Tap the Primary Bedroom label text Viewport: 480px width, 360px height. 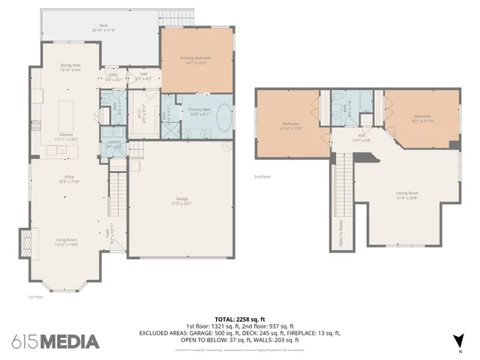[193, 60]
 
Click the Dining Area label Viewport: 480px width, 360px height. [71, 67]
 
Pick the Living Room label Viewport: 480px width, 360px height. [66, 241]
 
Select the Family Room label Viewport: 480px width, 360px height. [407, 195]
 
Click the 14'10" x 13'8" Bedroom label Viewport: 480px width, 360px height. [292, 125]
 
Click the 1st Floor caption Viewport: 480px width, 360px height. [35, 296]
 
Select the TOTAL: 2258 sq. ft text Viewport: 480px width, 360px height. [240, 319]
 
